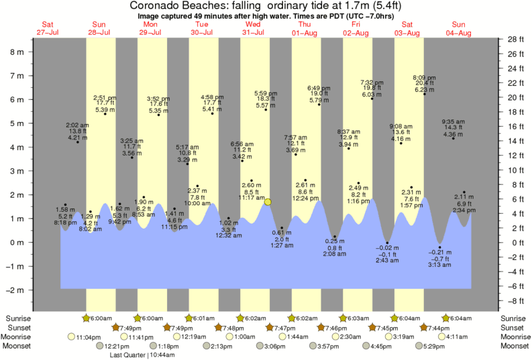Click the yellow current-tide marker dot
click(x=268, y=202)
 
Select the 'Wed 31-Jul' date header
click(x=252, y=28)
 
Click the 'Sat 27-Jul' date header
click(x=47, y=28)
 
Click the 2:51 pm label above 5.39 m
click(x=105, y=97)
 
